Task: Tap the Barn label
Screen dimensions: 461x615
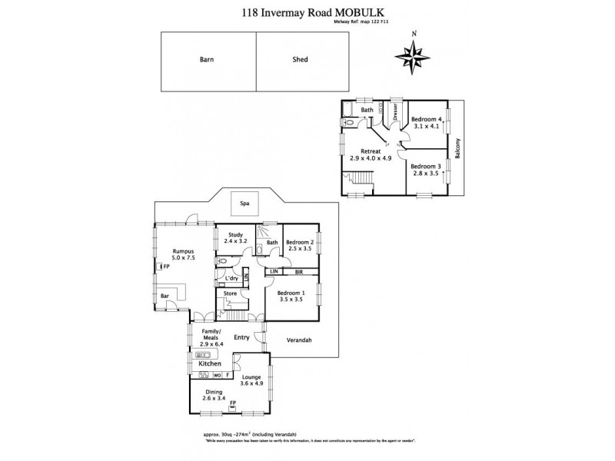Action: pos(206,58)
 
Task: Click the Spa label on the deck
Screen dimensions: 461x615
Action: pos(245,204)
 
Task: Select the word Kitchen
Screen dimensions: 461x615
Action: pos(210,363)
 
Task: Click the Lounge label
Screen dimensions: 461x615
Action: pos(252,376)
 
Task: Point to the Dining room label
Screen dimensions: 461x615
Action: pos(213,392)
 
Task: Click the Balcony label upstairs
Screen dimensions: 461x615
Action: pos(457,147)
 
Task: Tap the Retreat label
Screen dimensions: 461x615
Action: pos(373,151)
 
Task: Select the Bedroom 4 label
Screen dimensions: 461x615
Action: pos(426,119)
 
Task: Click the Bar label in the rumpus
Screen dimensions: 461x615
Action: pos(165,296)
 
